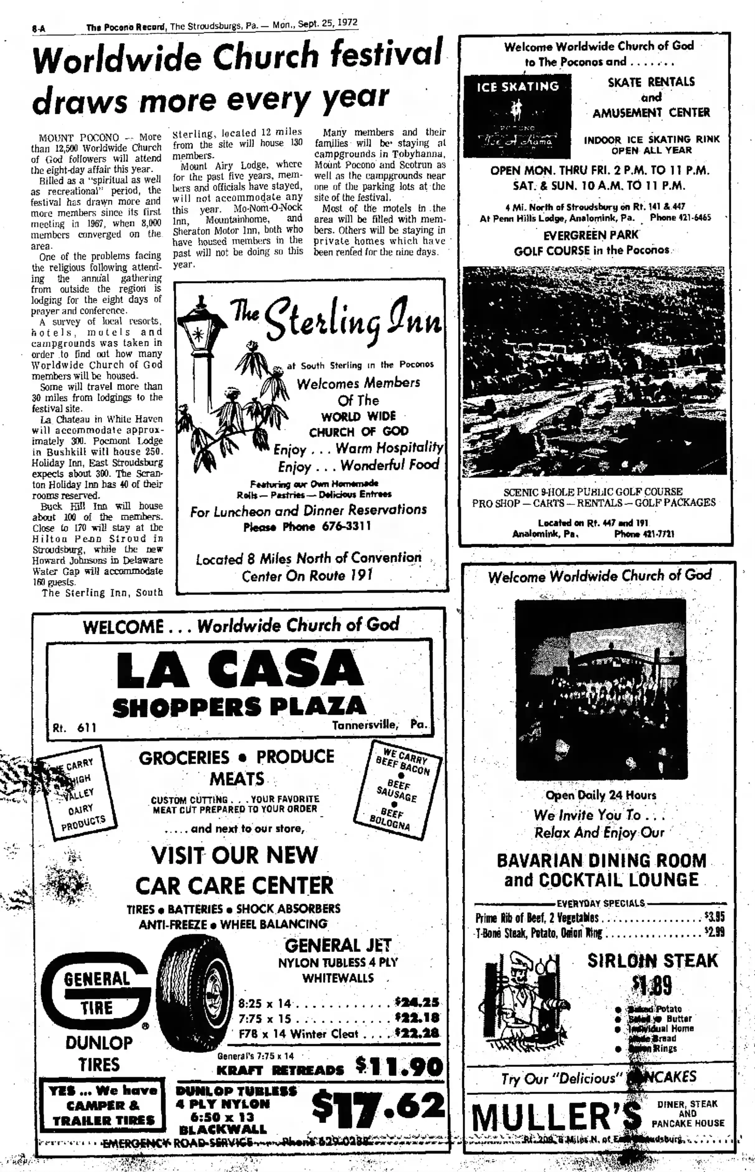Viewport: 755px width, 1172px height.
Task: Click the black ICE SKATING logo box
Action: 517,116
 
